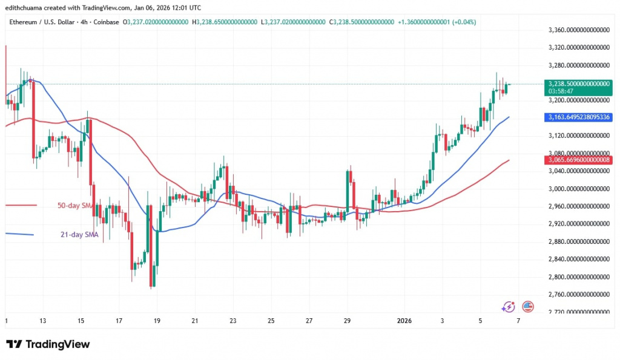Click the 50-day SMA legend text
[x=74, y=206]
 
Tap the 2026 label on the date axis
[x=404, y=321]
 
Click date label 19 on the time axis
[x=157, y=321]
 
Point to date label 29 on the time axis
[x=347, y=321]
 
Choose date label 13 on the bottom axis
[x=43, y=321]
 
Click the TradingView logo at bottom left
[x=48, y=344]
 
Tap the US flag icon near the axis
[x=527, y=307]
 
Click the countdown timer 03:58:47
[x=560, y=91]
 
